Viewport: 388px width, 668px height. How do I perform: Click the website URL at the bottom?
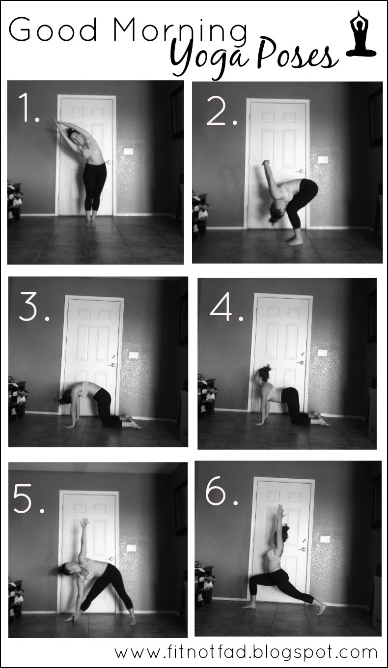pos(246,652)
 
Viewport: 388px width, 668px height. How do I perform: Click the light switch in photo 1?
pos(129,151)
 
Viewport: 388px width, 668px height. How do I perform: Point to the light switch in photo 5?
pos(131,548)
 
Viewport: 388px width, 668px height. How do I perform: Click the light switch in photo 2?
pos(323,160)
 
